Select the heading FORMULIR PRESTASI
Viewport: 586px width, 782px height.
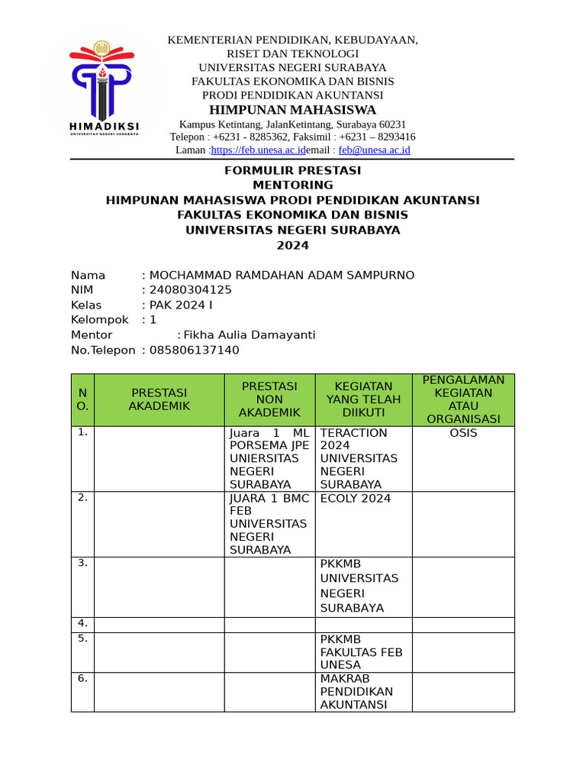[292, 170]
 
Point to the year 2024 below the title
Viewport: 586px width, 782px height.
[292, 245]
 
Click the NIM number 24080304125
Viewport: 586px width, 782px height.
[191, 290]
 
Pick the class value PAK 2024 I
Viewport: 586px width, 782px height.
[182, 305]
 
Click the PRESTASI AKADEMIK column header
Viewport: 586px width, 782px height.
[159, 399]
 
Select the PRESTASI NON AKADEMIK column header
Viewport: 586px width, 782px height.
[269, 399]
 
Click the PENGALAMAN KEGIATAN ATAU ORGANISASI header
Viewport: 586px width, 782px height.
[463, 399]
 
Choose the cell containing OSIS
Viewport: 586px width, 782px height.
[463, 433]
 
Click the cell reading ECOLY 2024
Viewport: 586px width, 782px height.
[356, 499]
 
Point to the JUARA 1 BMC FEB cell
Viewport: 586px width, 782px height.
[269, 524]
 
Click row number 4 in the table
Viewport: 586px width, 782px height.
[82, 624]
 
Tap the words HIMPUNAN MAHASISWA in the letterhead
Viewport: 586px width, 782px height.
[292, 110]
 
